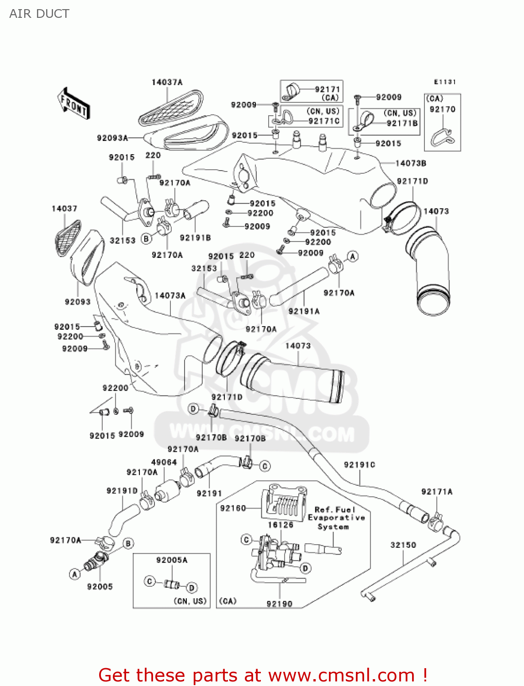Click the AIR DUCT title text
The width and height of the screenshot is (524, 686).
point(39,14)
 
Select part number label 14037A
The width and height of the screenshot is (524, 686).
point(167,82)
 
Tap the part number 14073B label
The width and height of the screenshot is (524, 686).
point(410,163)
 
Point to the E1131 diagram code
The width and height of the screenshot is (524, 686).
point(445,82)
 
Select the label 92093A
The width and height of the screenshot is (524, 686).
point(112,138)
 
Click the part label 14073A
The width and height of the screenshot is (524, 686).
point(170,296)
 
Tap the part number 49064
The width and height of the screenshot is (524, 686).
point(164,462)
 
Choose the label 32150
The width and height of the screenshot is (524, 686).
point(403,545)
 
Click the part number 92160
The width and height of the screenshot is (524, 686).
point(233,508)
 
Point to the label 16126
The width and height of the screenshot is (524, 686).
point(280,525)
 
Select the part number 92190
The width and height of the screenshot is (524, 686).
point(279,604)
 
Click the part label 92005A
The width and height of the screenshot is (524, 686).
point(172,560)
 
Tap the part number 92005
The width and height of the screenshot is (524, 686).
point(100,586)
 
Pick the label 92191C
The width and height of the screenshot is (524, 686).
point(359,465)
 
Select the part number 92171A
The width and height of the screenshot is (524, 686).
point(436,492)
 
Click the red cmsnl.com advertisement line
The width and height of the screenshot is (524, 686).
point(263,675)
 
